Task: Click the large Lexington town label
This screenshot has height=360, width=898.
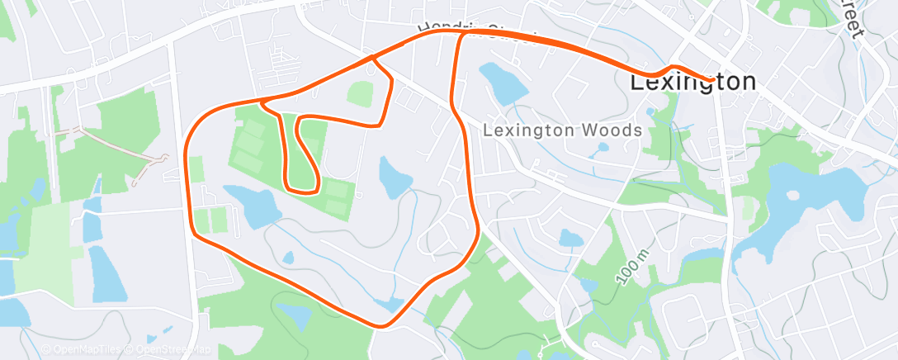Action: pyautogui.click(x=693, y=82)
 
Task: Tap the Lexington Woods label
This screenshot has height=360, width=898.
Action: pyautogui.click(x=562, y=130)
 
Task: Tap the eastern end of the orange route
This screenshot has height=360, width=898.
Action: pyautogui.click(x=712, y=80)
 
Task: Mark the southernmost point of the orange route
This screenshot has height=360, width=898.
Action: pyautogui.click(x=380, y=326)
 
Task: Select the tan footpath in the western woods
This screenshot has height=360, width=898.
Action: pyautogui.click(x=116, y=145)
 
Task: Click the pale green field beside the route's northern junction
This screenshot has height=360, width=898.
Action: pyautogui.click(x=360, y=92)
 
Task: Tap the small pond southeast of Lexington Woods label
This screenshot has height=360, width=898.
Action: pyautogui.click(x=571, y=239)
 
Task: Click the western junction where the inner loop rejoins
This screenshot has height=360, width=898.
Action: pyautogui.click(x=263, y=103)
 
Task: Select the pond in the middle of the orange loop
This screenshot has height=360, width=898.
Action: pyautogui.click(x=394, y=175)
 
